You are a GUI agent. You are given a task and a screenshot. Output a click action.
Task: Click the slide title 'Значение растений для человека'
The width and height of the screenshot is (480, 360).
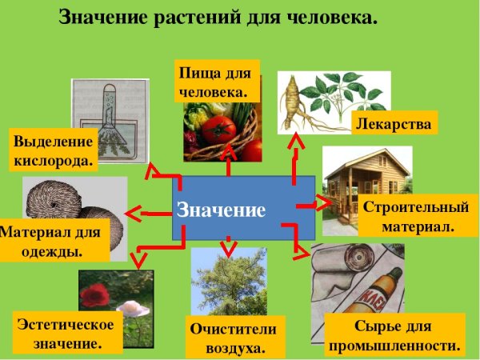click(218, 18)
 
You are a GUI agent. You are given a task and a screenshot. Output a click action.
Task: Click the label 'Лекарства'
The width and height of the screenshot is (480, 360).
click(394, 124)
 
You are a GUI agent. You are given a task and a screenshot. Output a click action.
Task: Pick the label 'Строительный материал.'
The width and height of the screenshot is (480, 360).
click(415, 217)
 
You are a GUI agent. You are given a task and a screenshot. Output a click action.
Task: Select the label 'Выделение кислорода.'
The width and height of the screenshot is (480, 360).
click(54, 150)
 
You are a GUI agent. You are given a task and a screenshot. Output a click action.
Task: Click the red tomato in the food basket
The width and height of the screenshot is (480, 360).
click(218, 128)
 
